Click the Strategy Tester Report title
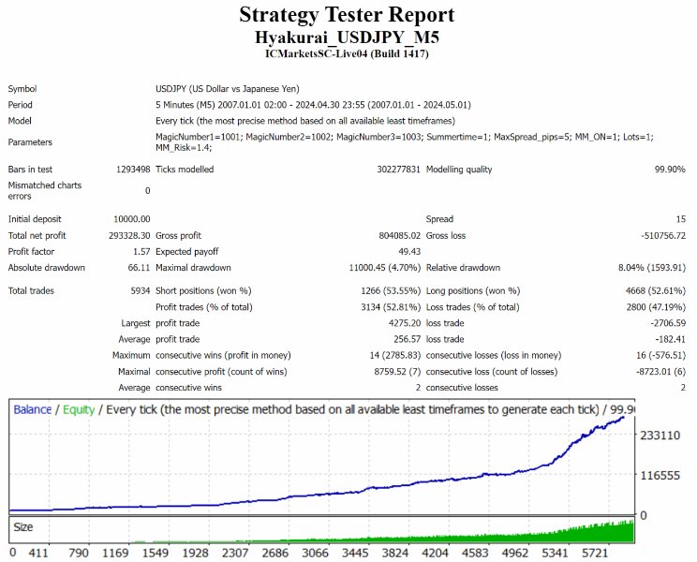[347, 15]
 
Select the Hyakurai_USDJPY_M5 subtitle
[347, 37]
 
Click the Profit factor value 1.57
[140, 251]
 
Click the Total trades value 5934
[137, 290]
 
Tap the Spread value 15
[679, 218]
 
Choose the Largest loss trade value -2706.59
[661, 323]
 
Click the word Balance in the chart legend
[33, 409]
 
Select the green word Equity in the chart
[79, 409]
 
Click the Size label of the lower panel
[24, 527]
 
